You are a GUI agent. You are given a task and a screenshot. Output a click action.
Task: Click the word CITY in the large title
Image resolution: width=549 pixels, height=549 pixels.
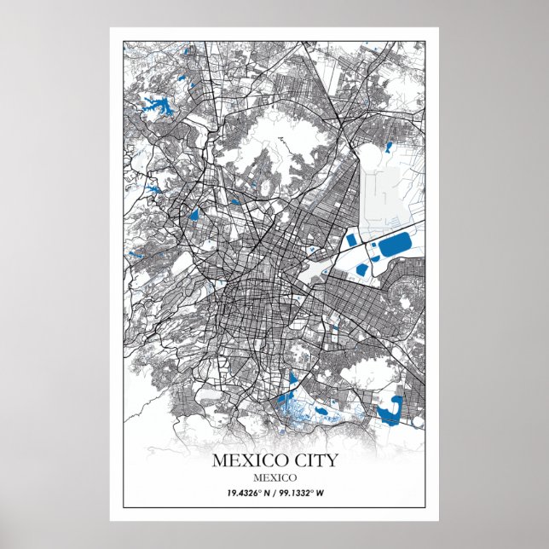coord(310,460)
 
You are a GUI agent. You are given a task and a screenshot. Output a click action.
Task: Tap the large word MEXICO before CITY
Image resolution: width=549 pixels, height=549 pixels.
coord(246,460)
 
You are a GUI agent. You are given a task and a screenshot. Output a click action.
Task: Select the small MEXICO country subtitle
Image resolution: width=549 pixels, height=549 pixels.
coord(274,477)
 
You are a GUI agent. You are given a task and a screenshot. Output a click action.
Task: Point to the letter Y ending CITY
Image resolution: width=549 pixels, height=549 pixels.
coord(332,460)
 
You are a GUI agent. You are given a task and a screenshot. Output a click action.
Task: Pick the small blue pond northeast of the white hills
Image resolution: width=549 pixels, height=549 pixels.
coord(388,147)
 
